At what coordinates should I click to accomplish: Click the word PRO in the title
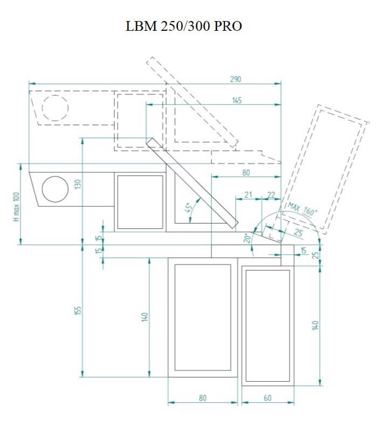(x=228, y=26)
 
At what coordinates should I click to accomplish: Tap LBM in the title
(x=141, y=26)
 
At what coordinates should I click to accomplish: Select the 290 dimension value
(x=236, y=79)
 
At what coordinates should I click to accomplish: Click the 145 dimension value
(x=237, y=100)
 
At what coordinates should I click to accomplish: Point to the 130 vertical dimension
(x=78, y=184)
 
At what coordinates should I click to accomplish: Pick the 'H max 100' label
(x=16, y=207)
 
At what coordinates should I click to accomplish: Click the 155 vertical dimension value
(x=78, y=311)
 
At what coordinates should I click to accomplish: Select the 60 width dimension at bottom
(x=268, y=398)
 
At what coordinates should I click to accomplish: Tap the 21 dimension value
(x=248, y=194)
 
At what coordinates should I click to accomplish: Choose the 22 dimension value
(x=271, y=194)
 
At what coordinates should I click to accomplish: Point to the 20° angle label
(x=247, y=238)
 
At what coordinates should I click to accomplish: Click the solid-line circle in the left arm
(x=55, y=190)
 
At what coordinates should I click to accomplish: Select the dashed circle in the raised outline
(x=55, y=108)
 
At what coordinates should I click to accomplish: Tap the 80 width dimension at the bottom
(x=203, y=398)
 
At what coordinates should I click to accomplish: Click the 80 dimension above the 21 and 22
(x=246, y=173)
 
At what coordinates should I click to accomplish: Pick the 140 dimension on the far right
(x=316, y=325)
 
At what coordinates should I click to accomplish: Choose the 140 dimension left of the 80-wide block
(x=145, y=316)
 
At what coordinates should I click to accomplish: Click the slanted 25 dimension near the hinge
(x=298, y=232)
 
